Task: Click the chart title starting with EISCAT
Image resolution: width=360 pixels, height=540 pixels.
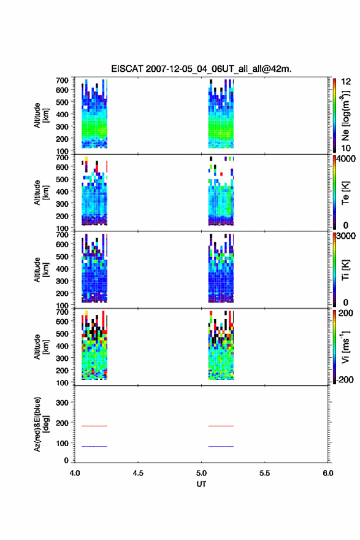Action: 201,69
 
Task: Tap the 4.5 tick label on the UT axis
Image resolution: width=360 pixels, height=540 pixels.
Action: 138,473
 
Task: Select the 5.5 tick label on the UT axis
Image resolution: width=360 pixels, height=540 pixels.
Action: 265,473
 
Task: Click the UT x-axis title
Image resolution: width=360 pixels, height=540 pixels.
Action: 201,484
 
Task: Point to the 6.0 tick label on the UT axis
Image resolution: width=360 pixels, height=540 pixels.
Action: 328,473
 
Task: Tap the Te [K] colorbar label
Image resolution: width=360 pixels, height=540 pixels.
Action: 345,193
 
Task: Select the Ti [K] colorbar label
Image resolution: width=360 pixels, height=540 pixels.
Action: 345,269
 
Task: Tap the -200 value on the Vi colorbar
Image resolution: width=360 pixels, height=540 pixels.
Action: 344,379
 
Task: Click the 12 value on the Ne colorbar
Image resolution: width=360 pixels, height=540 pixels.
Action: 346,82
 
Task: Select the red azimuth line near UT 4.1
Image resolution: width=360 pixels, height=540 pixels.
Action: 94,426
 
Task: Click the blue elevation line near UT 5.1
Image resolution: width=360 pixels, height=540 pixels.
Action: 221,446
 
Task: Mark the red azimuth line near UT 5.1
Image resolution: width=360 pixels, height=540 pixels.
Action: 221,426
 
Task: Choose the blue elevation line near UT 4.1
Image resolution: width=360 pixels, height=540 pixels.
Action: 94,446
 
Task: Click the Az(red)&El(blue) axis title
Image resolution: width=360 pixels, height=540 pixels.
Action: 41,424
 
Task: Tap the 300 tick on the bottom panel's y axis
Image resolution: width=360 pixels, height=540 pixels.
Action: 62,403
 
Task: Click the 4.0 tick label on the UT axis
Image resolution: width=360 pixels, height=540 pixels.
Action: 75,473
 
